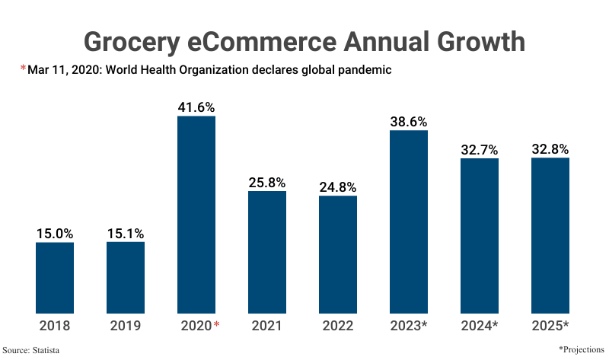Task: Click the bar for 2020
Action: point(196,215)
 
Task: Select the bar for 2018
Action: point(55,278)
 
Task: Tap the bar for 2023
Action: point(409,221)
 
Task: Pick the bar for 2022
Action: point(338,254)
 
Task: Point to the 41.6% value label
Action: point(196,107)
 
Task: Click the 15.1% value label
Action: point(126,233)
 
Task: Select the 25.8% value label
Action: point(267,182)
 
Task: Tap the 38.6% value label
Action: point(409,121)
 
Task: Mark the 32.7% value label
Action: point(480,149)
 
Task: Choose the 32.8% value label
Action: point(550,148)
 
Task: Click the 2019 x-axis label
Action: point(126,326)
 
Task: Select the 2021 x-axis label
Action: point(267,326)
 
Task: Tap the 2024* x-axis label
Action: point(480,326)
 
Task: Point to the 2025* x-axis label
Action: point(550,326)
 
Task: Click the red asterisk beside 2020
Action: point(217,325)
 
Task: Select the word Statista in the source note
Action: point(46,350)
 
